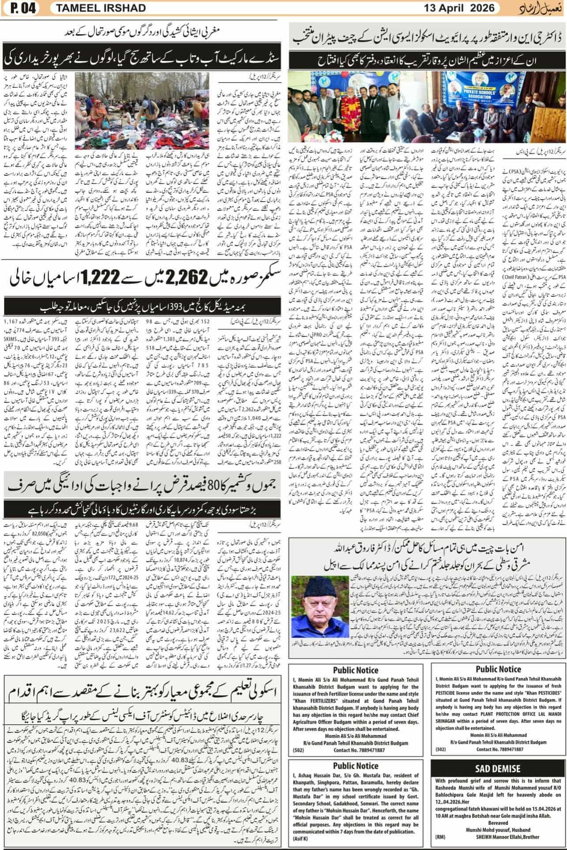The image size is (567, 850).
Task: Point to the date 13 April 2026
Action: (458, 8)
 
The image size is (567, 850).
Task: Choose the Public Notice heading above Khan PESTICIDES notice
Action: (498, 669)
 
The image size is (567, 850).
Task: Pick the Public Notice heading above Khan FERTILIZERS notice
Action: (355, 670)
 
